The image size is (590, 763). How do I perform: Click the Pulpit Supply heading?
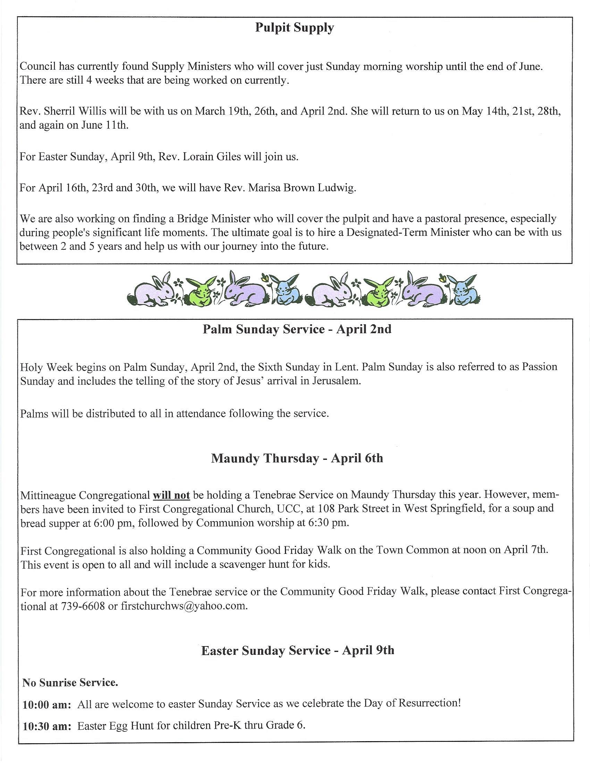(294, 28)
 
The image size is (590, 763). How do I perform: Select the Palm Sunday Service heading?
(297, 329)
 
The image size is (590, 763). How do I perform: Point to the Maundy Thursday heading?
(297, 458)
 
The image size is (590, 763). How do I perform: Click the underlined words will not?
(171, 495)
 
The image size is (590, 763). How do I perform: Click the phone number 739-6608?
(83, 606)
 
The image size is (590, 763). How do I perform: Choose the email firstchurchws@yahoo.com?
(184, 606)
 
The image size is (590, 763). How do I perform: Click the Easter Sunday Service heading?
(298, 650)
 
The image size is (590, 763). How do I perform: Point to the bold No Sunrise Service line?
(70, 682)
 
